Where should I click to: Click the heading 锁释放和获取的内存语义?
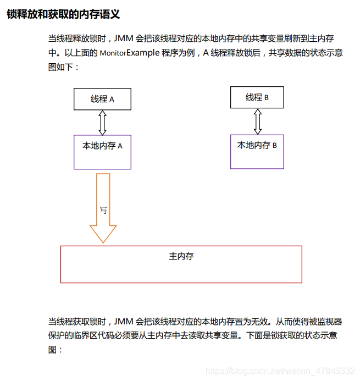63,14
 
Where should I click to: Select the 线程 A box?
102,99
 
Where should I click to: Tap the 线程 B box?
257,97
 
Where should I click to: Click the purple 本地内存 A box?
102,152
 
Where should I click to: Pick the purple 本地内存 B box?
257,152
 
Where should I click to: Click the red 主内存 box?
181,264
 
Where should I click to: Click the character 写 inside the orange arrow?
103,210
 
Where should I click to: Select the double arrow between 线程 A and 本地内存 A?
102,123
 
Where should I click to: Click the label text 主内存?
181,256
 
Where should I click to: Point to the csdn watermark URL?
280,371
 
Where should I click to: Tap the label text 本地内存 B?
257,146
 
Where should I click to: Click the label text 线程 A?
102,100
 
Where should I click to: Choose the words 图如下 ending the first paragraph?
61,67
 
